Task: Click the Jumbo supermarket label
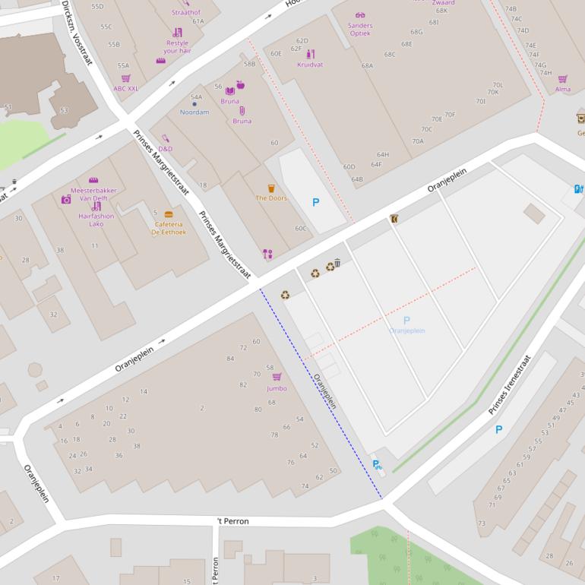click(277, 388)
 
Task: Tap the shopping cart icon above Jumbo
click(277, 377)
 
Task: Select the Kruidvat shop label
click(310, 65)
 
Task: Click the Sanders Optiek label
click(360, 29)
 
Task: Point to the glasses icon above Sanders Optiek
click(360, 15)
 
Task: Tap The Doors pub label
click(270, 198)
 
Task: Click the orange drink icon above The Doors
click(270, 188)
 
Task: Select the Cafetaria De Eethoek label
click(169, 228)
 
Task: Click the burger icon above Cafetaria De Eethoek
click(169, 214)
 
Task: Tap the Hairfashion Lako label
click(96, 220)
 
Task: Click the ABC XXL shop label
click(126, 88)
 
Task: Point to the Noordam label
click(194, 112)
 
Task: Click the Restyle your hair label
click(177, 46)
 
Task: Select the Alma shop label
click(562, 89)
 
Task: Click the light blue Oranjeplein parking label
click(406, 330)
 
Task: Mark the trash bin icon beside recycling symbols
click(337, 264)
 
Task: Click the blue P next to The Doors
click(316, 202)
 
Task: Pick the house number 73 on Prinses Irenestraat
click(482, 523)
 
